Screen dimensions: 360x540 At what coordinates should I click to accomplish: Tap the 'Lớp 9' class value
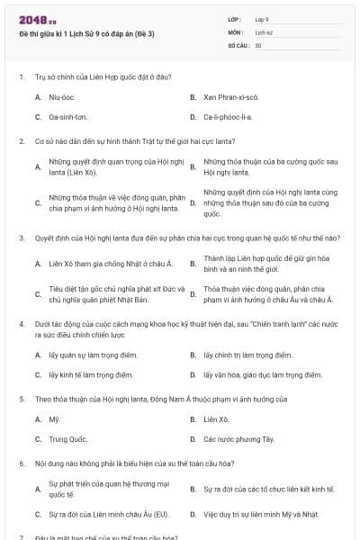pyautogui.click(x=262, y=19)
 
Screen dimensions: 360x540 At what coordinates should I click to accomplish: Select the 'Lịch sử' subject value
pyautogui.click(x=264, y=31)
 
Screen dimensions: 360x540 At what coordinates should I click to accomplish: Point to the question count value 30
pyautogui.click(x=258, y=44)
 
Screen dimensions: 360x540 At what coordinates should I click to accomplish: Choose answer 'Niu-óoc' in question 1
pyautogui.click(x=61, y=96)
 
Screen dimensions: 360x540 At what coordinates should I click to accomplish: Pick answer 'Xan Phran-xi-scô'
pyautogui.click(x=230, y=96)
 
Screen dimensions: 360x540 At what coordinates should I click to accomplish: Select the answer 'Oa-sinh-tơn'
pyautogui.click(x=68, y=117)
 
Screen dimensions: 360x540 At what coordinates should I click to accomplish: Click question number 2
pyautogui.click(x=21, y=141)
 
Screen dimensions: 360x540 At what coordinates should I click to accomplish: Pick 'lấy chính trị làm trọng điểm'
pyautogui.click(x=247, y=355)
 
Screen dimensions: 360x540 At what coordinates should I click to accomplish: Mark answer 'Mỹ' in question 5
pyautogui.click(x=54, y=419)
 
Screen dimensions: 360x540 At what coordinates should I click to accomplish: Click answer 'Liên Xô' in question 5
pyautogui.click(x=216, y=419)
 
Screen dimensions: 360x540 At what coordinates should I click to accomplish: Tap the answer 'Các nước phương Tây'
pyautogui.click(x=238, y=440)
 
